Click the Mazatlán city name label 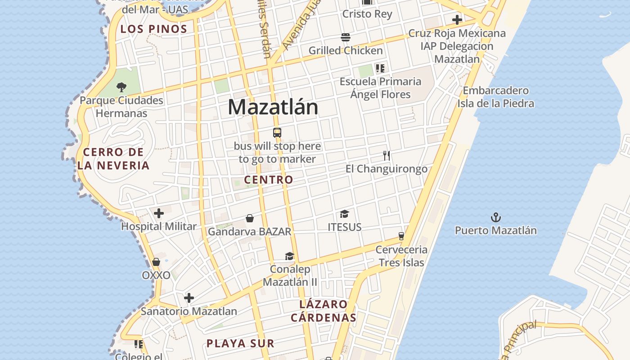tap(273, 107)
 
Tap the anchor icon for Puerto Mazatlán tap(495, 218)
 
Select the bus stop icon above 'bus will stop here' tap(277, 133)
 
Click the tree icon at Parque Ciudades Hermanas tap(121, 87)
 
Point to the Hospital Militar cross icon tap(159, 213)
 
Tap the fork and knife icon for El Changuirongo tap(386, 156)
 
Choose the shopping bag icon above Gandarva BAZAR tap(250, 218)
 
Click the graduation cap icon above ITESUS tap(345, 214)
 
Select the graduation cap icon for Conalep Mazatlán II tap(290, 256)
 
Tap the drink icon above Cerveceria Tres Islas tap(401, 236)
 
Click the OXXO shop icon tap(156, 262)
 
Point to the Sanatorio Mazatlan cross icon tap(189, 297)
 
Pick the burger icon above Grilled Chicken tap(346, 37)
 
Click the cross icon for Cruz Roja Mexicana tap(457, 20)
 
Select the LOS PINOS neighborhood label tap(153, 29)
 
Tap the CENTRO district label tap(269, 180)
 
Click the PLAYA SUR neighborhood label tap(240, 343)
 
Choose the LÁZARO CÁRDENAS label tap(324, 311)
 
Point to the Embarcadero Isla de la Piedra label tap(496, 97)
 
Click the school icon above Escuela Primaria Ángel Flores tap(380, 68)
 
